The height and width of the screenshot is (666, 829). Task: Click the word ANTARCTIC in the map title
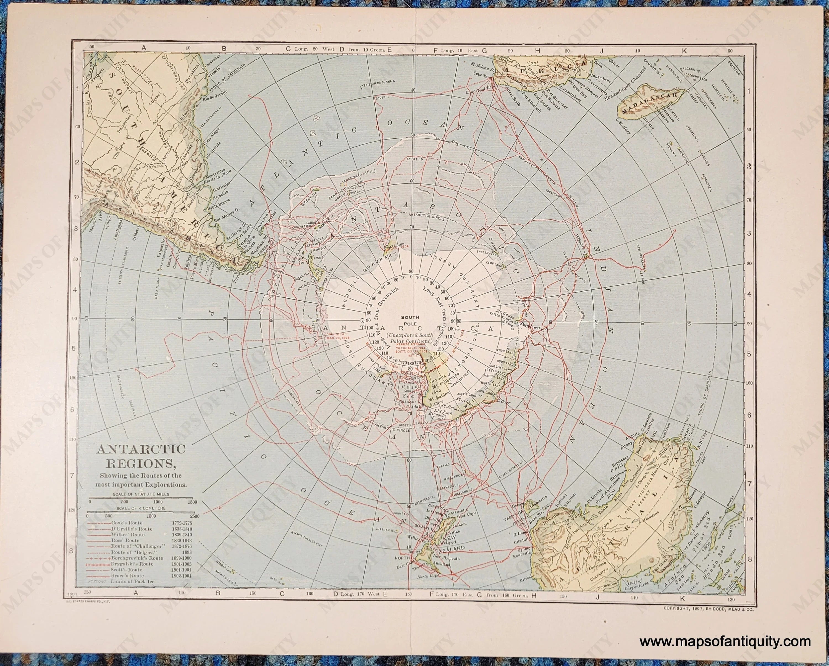point(142,449)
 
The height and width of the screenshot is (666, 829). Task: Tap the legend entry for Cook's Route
point(127,523)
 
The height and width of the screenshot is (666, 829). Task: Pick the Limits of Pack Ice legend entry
point(132,582)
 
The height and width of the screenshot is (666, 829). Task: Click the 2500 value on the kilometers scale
point(195,516)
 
